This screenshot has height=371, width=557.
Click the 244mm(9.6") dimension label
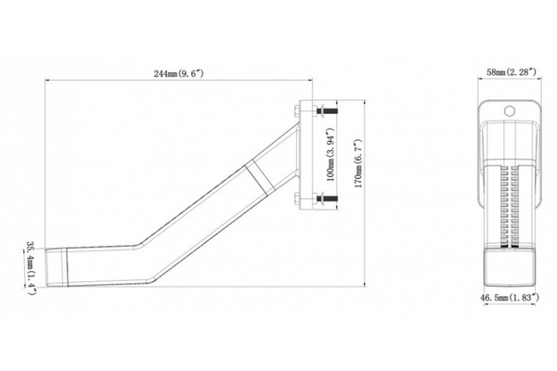tap(178, 74)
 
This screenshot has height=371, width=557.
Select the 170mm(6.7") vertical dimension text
tap(358, 163)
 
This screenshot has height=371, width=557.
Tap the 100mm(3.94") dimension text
tap(330, 155)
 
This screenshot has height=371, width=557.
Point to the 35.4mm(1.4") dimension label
tap(32, 268)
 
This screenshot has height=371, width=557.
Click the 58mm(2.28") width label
tap(512, 72)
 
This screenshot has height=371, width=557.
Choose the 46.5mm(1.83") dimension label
tap(510, 298)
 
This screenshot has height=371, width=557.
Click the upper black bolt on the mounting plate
tap(327, 111)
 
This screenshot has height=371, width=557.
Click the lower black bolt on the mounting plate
tap(327, 198)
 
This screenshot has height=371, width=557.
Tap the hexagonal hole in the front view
tap(510, 111)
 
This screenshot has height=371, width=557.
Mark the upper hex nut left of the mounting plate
tap(297, 110)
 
